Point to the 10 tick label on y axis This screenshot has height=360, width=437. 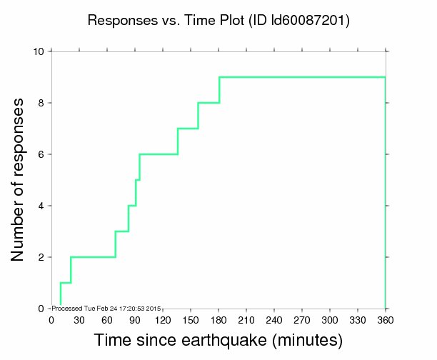click(39, 51)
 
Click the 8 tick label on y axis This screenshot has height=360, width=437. click(41, 103)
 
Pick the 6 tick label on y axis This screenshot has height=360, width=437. click(41, 154)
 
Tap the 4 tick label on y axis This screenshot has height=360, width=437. click(41, 206)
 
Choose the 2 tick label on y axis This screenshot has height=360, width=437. click(41, 257)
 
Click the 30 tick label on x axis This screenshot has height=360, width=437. click(79, 319)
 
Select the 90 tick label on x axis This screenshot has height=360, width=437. click(134, 319)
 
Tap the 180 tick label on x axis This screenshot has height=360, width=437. click(218, 319)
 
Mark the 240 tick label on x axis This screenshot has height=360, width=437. click(274, 319)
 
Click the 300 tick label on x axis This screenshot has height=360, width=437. click(330, 319)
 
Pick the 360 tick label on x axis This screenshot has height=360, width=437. click(386, 319)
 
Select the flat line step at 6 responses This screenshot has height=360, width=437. click(158, 154)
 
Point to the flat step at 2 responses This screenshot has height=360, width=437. click(93, 257)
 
